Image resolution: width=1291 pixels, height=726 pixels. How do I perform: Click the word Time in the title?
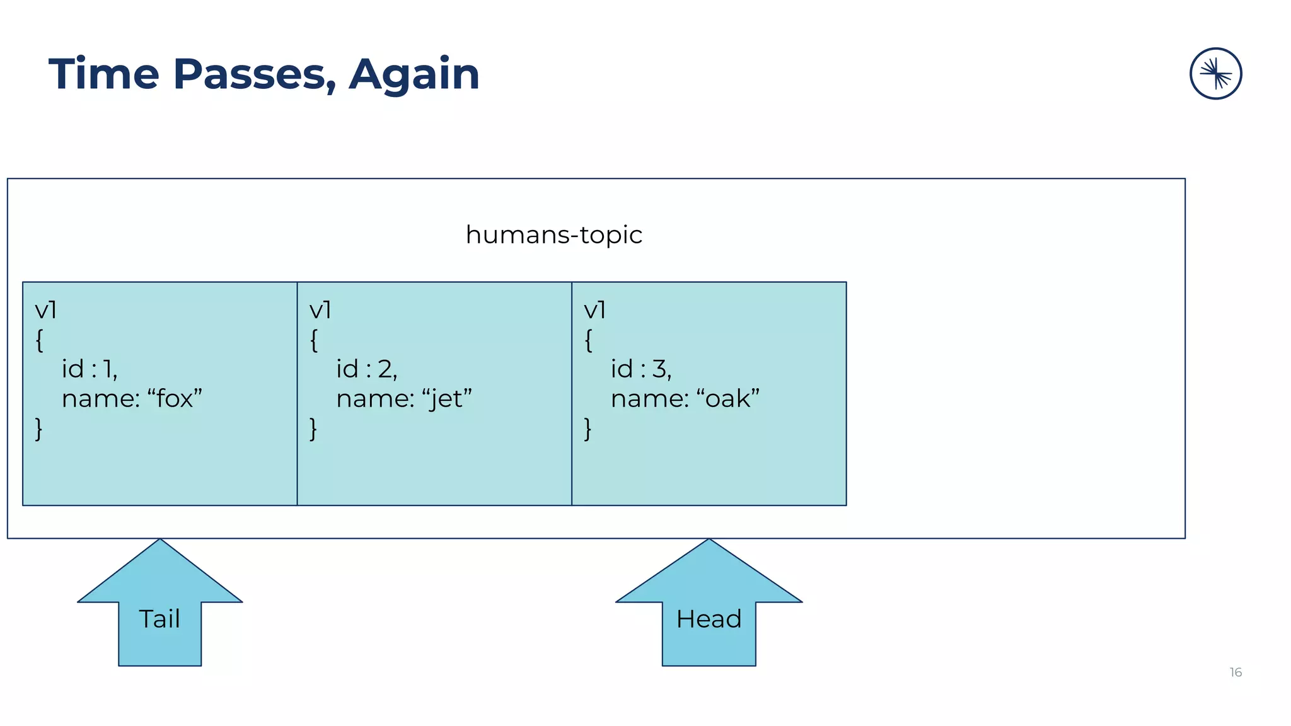click(x=103, y=74)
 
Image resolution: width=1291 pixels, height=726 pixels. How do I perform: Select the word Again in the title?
click(x=414, y=74)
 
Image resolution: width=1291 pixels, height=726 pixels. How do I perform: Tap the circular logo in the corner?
click(x=1215, y=74)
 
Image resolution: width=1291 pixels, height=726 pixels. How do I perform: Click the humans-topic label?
click(x=553, y=235)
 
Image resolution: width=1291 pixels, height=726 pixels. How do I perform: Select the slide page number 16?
click(x=1236, y=672)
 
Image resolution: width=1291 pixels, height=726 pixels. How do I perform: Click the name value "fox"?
click(x=175, y=399)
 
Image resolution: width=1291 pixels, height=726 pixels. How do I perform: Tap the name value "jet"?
click(x=447, y=399)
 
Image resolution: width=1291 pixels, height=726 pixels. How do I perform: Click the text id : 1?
click(x=89, y=369)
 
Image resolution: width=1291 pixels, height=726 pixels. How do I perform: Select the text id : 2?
click(x=366, y=369)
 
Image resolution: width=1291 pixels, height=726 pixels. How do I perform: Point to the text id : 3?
click(x=640, y=369)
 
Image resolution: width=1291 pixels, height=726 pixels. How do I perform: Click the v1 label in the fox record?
click(x=45, y=310)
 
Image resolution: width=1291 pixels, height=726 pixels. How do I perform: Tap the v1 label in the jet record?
click(x=320, y=310)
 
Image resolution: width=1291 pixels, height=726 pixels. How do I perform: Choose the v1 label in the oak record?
click(x=594, y=310)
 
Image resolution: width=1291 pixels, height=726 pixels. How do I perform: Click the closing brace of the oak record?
click(x=588, y=429)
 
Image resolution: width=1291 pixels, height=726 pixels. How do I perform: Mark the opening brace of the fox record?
click(x=39, y=340)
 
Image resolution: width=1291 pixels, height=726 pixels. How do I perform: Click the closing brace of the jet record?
click(x=313, y=429)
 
